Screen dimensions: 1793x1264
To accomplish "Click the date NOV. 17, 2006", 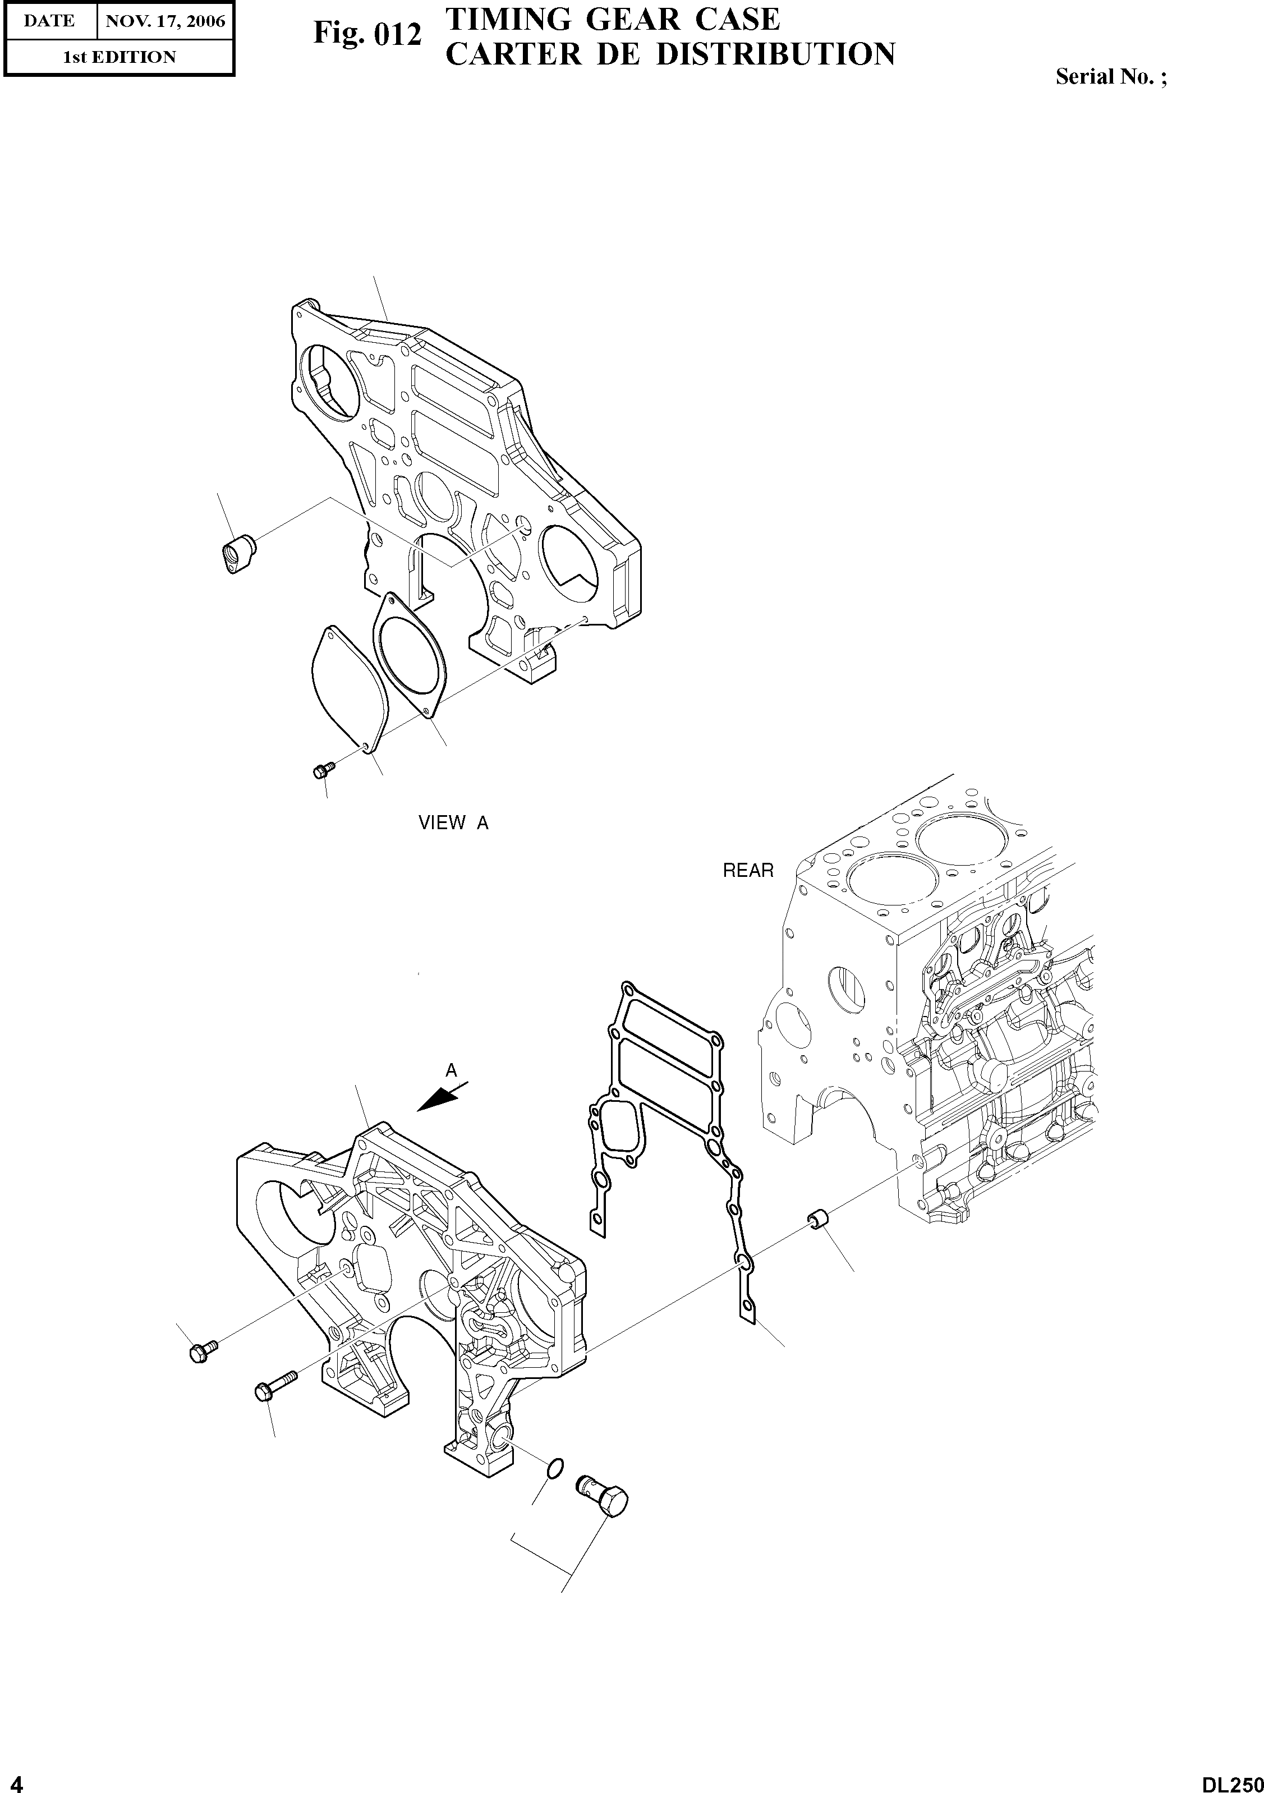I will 165,21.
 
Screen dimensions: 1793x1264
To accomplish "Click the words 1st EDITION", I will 119,57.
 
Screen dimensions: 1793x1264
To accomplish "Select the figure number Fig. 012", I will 367,34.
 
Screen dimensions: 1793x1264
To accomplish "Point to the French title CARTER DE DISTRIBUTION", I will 670,54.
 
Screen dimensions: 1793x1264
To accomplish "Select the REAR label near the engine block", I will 748,871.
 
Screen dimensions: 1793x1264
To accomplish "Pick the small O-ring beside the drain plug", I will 554,1469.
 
